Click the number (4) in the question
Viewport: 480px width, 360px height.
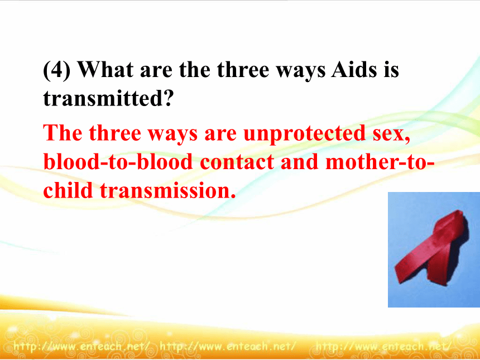(57, 70)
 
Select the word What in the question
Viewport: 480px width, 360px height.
(105, 69)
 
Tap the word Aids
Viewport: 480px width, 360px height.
(354, 69)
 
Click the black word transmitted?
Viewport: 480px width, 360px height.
(109, 98)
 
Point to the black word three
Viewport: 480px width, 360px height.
(243, 69)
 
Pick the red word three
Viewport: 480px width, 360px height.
(115, 133)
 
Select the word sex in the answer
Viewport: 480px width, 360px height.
(391, 134)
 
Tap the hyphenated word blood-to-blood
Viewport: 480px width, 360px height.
(118, 161)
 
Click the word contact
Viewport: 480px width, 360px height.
(237, 162)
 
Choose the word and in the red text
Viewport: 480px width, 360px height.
(299, 161)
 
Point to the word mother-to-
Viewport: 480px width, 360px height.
(380, 161)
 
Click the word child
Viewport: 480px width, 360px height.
(68, 190)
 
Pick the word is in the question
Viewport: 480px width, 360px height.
(391, 69)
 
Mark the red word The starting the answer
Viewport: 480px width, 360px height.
(63, 133)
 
